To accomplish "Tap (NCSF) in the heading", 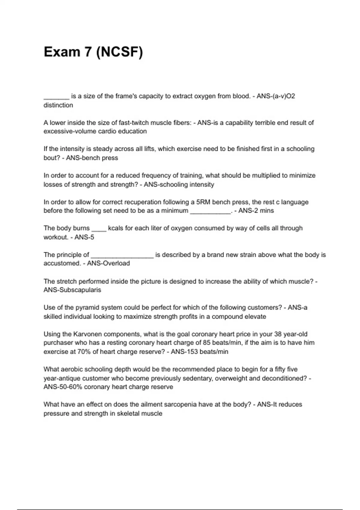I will coord(119,52).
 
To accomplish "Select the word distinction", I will coord(58,105).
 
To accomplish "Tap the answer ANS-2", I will coord(248,211).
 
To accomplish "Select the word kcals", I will coord(116,228).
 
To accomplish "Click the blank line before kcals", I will coord(99,229).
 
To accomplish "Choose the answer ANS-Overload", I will coord(108,263).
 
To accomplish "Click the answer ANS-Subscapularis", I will coord(72,290).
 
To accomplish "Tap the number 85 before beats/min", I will coord(206,343).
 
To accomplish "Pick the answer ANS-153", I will coord(184,352).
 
